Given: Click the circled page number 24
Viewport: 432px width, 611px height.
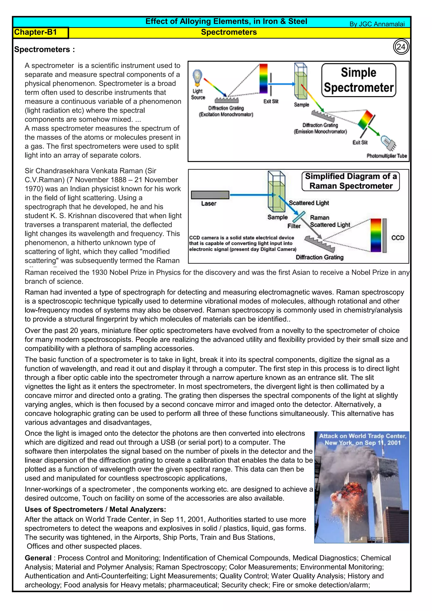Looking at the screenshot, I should tap(401, 47).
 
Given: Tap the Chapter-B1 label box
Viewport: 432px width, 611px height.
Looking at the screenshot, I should tap(41, 32).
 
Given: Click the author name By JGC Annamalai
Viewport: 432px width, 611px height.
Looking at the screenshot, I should tap(377, 24).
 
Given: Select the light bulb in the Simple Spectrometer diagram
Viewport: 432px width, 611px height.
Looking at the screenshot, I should tap(197, 77).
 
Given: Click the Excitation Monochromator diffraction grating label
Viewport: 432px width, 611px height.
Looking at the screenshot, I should tap(226, 111).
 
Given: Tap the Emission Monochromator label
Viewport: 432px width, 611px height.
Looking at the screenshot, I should tap(320, 131).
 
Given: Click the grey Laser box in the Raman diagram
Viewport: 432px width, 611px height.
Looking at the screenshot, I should tap(210, 195).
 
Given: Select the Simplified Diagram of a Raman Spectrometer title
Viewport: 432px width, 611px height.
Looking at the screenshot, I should tap(351, 181).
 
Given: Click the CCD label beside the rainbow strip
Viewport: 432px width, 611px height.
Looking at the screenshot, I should tap(397, 238).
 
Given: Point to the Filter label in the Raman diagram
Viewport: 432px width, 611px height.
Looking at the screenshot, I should tap(294, 226).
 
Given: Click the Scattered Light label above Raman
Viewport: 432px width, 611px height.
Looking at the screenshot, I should tap(309, 203).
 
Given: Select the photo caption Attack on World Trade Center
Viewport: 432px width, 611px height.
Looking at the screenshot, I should tap(362, 439).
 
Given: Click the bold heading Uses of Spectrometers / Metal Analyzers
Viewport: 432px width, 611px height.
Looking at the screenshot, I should tap(95, 509).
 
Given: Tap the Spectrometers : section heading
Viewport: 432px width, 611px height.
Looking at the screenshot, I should tap(45, 50).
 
